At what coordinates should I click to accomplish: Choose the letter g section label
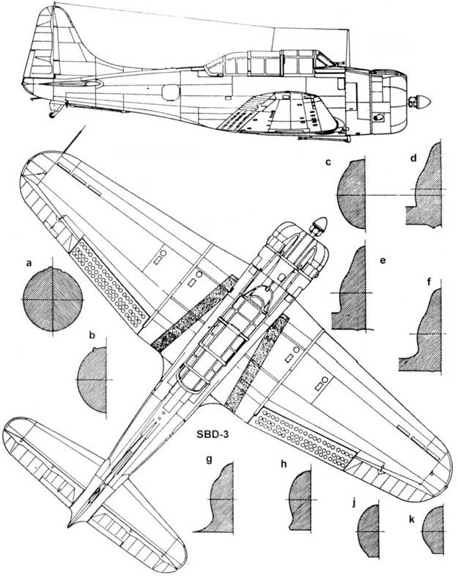coord(210,461)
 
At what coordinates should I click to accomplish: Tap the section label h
coord(283,463)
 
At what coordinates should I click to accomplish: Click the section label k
coord(412,519)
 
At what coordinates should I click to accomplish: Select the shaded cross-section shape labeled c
coord(352,196)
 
